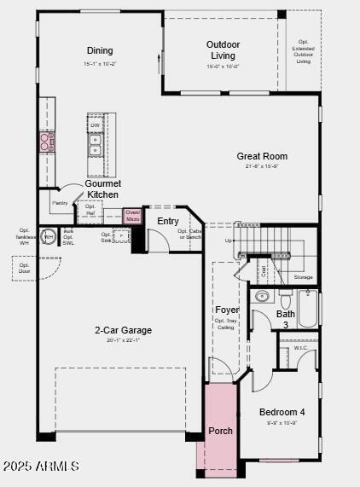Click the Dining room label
tap(100, 51)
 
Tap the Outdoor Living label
tap(223, 50)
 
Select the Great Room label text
tap(262, 156)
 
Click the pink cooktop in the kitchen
tap(46, 142)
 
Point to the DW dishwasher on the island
tap(96, 125)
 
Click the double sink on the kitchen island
tap(96, 151)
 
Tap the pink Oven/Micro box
tap(132, 217)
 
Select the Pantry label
tap(60, 203)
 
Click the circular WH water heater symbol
tap(49, 236)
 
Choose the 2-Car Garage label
tap(124, 330)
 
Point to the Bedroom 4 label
tap(282, 412)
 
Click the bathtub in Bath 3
tap(307, 308)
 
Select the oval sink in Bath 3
tap(263, 297)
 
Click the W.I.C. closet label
tap(300, 348)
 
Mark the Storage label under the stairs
tap(303, 277)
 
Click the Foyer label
tap(227, 310)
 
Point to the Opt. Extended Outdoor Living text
tap(303, 51)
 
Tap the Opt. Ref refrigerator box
tap(90, 210)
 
